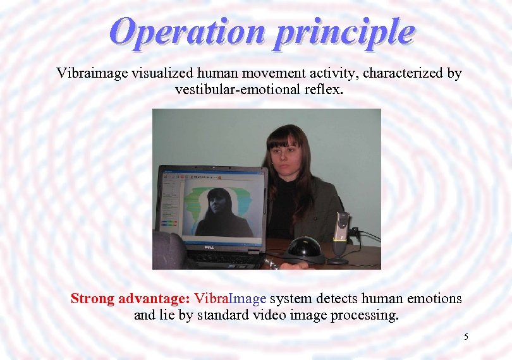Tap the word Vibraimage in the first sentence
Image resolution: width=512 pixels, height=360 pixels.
point(92,73)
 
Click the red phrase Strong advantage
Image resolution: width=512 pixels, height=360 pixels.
point(130,299)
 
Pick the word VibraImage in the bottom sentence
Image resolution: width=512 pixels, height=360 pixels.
point(230,299)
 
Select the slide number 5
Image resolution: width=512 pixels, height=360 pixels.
point(466,337)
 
